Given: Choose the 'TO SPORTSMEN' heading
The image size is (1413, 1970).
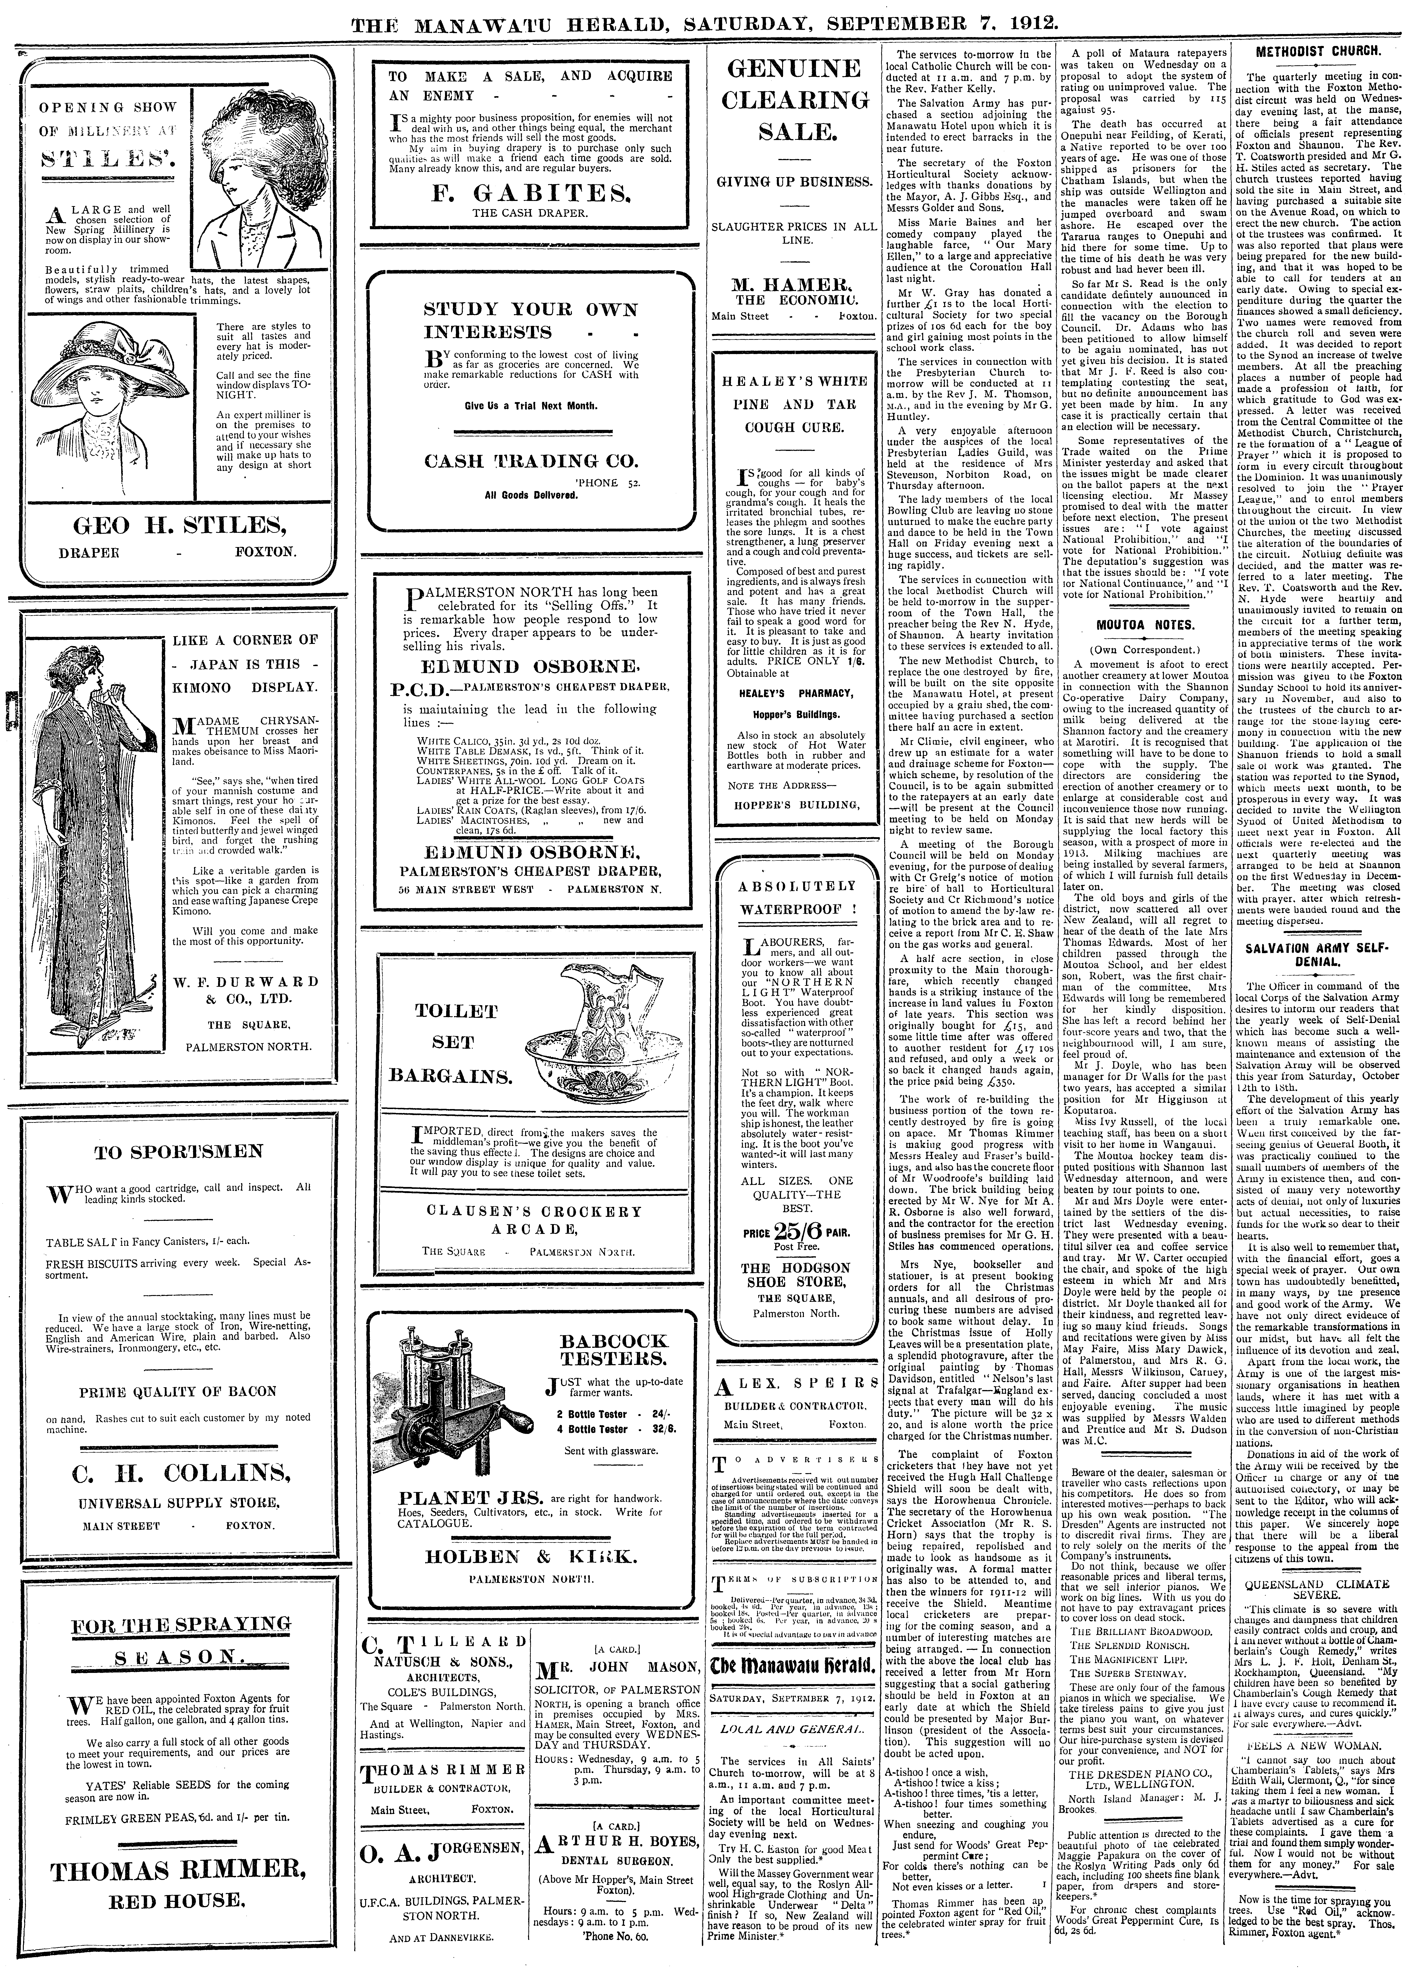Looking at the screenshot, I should click(x=179, y=1152).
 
